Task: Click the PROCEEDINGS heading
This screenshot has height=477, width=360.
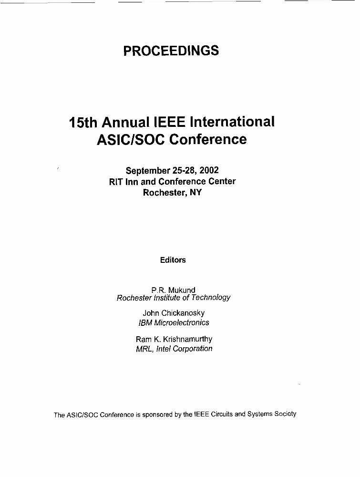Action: [x=171, y=51]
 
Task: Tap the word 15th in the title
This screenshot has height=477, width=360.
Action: [x=83, y=123]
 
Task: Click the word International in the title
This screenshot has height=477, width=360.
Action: [x=232, y=122]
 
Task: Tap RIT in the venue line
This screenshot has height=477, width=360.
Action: [x=117, y=182]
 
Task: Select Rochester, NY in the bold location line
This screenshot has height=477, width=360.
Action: [x=172, y=193]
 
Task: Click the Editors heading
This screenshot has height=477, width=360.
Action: [x=173, y=260]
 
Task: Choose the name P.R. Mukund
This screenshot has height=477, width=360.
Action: [x=173, y=290]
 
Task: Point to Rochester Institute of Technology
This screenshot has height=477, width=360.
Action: [x=174, y=298]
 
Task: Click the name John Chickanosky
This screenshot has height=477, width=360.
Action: [x=174, y=313]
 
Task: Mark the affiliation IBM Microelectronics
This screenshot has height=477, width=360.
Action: [x=174, y=322]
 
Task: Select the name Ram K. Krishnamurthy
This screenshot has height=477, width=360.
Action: [x=174, y=339]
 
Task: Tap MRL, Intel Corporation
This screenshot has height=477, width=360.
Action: [x=174, y=349]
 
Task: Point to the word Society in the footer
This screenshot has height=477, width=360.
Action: [x=284, y=414]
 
